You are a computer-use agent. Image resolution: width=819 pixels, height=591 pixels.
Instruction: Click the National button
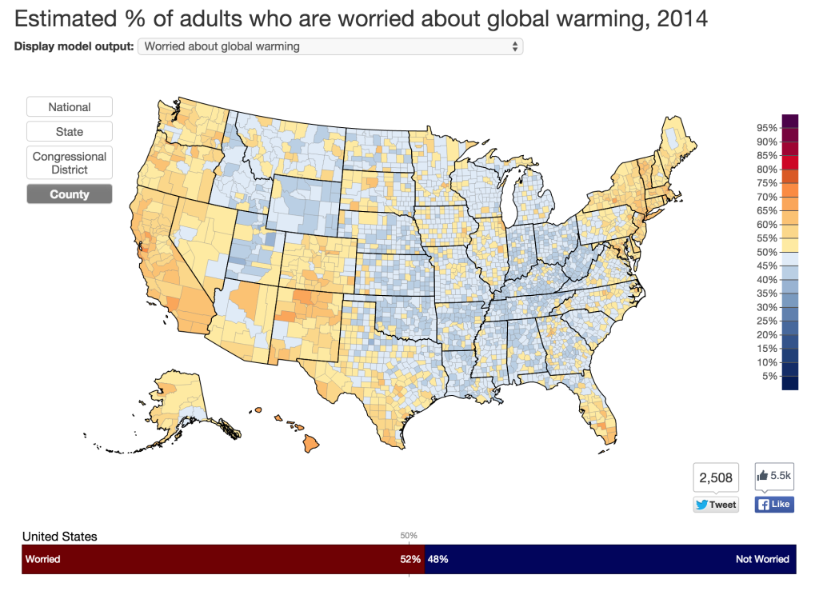tap(70, 107)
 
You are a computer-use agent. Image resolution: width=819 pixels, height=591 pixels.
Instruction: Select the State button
tap(70, 132)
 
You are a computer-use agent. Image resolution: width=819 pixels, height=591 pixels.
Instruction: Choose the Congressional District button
tap(70, 163)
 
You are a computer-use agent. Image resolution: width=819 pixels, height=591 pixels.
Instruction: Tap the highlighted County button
tap(70, 194)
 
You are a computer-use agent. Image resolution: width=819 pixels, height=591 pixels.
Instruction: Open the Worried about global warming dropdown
tap(330, 46)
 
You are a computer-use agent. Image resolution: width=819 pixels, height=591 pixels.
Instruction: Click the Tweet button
tap(716, 505)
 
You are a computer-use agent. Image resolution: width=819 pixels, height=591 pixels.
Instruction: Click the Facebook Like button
tap(774, 505)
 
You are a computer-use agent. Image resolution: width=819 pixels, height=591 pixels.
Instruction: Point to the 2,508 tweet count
tap(716, 478)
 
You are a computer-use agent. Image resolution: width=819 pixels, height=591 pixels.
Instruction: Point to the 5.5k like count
tap(774, 476)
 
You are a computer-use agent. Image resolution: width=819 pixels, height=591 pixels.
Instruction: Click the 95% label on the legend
tap(767, 128)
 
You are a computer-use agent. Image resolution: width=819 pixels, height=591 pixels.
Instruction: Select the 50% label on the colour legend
tap(767, 252)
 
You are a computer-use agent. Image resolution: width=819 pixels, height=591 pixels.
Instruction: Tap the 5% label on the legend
tap(769, 376)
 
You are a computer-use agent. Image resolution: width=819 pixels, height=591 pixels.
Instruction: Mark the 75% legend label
tap(767, 183)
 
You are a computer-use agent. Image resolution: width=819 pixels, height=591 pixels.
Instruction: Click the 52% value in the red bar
tap(410, 559)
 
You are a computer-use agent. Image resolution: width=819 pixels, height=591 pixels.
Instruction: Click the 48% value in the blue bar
tap(437, 559)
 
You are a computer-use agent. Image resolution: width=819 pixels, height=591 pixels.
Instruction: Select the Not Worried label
tap(761, 559)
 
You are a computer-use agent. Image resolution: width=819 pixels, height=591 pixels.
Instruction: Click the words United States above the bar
tap(60, 537)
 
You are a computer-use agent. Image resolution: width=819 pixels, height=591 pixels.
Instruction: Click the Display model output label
tap(74, 46)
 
